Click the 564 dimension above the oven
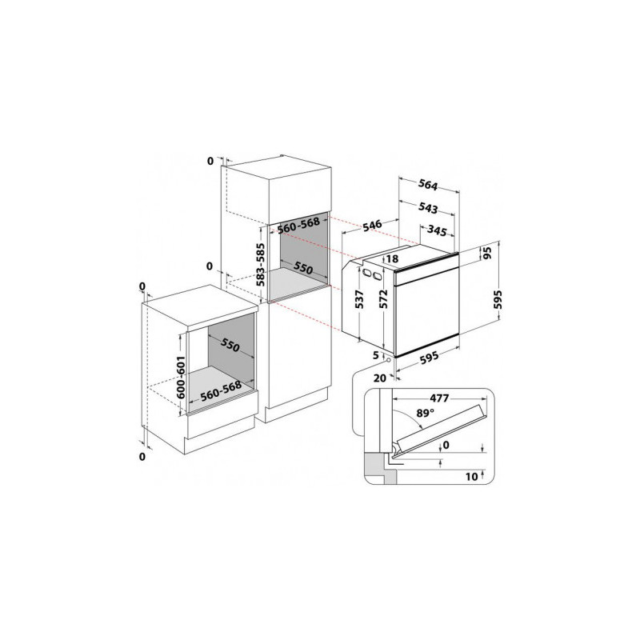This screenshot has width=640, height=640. tap(428, 186)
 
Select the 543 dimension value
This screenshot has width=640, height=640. tap(428, 208)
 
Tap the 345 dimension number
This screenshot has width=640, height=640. tap(437, 231)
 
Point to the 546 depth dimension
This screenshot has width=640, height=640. tap(372, 226)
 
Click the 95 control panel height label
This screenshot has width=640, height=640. tap(487, 253)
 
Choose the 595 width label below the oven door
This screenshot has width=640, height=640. tap(429, 356)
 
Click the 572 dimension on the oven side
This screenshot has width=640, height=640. tap(383, 298)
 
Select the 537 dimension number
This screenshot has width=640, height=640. tap(359, 299)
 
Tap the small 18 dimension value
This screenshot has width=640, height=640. tap(392, 258)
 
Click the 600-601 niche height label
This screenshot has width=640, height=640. tap(181, 378)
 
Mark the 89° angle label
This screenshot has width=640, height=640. tap(426, 413)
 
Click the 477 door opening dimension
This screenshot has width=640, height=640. tap(439, 398)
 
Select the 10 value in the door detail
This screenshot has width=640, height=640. tap(471, 476)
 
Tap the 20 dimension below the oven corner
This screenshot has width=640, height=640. tap(379, 378)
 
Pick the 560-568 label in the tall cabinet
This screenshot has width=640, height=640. tap(298, 226)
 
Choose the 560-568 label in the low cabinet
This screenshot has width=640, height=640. tap(221, 391)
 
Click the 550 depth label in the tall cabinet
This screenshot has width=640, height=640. tap(304, 268)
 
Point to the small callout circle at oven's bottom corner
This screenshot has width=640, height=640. tap(388, 360)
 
